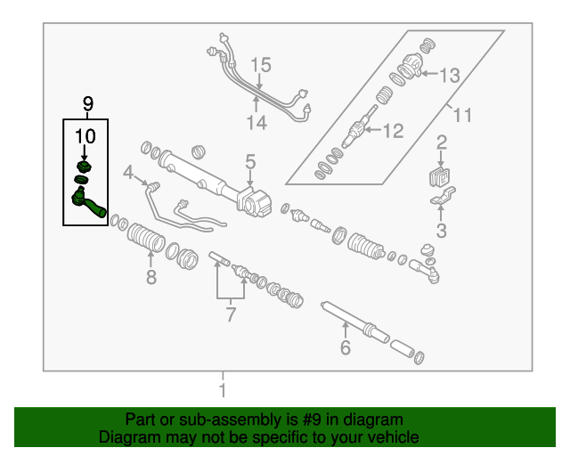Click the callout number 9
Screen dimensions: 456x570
[87, 104]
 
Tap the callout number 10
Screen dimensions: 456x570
[84, 136]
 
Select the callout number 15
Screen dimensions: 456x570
[259, 65]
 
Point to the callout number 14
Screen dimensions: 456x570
[256, 123]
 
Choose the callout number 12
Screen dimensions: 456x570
[393, 131]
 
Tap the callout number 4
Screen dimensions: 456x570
[128, 172]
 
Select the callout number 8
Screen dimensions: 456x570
[151, 277]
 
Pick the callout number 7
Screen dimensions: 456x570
[231, 314]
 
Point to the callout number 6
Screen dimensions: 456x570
[346, 347]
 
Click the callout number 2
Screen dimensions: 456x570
[441, 142]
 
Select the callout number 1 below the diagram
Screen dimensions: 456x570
[223, 390]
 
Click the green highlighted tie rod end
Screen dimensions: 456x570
[88, 201]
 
